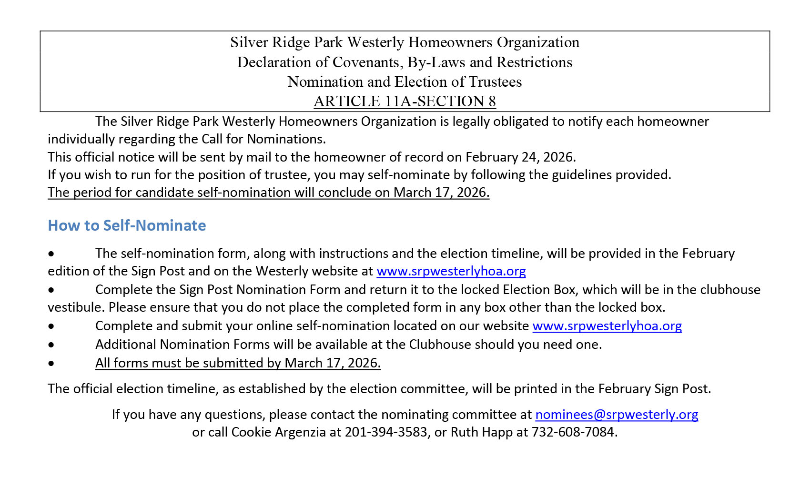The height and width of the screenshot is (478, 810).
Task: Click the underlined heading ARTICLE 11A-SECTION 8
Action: coord(405,102)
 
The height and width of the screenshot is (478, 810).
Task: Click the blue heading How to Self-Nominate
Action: coord(127,225)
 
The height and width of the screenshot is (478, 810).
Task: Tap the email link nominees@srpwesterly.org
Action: coord(617,415)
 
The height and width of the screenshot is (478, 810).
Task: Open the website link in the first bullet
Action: coord(451,271)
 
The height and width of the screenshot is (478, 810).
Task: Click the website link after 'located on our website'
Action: coord(607,326)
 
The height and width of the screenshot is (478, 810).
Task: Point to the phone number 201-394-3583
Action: coord(386,432)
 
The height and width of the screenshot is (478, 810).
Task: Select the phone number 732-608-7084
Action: coord(573,432)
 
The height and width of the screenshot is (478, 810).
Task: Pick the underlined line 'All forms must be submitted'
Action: coord(238,363)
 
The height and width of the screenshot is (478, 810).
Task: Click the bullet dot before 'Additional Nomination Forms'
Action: coord(51,345)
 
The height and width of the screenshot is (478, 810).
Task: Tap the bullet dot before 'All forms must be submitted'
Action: coord(51,363)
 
